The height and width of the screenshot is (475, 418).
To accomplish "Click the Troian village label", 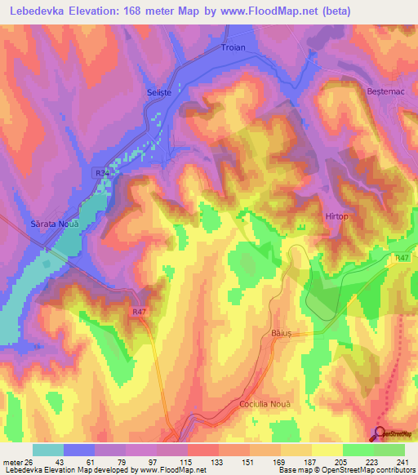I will pyautogui.click(x=233, y=49).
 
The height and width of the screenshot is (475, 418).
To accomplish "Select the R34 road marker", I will pyautogui.click(x=101, y=173).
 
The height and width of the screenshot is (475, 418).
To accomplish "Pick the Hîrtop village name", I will pyautogui.click(x=337, y=216).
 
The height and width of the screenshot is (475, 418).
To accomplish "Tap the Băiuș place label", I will pyautogui.click(x=280, y=333).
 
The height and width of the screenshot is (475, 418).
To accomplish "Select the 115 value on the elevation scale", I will pyautogui.click(x=188, y=462).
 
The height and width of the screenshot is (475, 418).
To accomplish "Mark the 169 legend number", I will pyautogui.click(x=281, y=462).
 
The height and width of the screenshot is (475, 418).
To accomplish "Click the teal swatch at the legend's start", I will pyautogui.click(x=48, y=450).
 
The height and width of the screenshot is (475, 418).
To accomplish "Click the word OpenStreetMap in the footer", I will pyautogui.click(x=349, y=471).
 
